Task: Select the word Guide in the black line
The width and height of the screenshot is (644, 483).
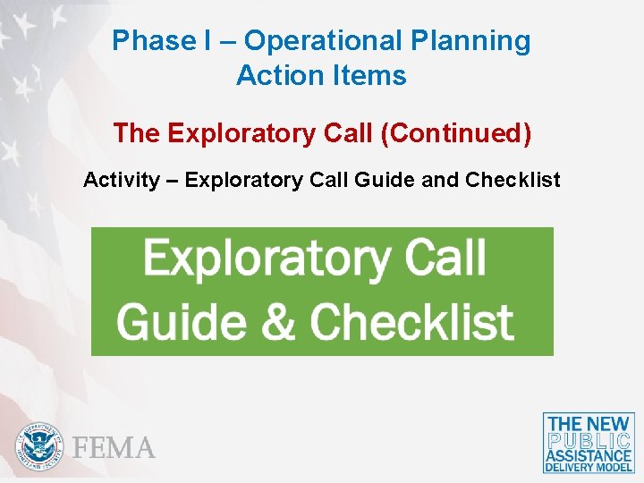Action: [385, 180]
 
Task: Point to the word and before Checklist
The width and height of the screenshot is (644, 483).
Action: [439, 180]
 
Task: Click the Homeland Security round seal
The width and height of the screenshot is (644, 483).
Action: [39, 445]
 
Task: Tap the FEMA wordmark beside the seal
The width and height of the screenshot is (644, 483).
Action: [114, 447]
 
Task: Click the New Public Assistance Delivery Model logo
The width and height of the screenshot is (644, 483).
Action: [589, 443]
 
